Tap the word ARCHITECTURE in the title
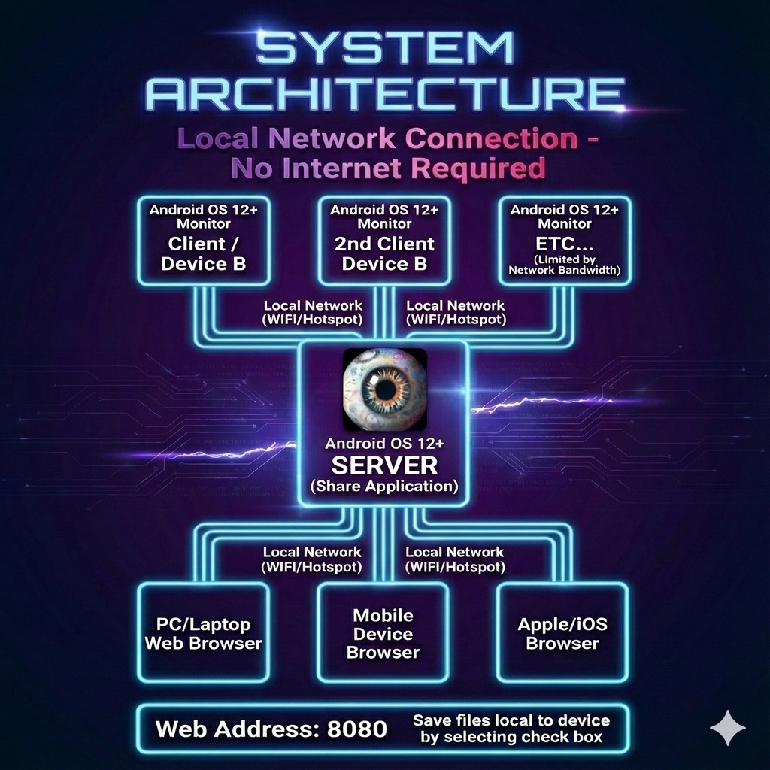point(385,95)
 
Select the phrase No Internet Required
point(388,168)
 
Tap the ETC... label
point(564,244)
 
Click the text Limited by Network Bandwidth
point(565,265)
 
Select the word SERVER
point(384,465)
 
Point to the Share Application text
point(384,487)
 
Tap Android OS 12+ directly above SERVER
point(384,444)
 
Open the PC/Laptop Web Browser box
point(203,634)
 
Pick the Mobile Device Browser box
point(383,634)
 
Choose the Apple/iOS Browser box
point(562,634)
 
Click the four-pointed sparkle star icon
point(728,728)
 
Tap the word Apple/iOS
point(562,624)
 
